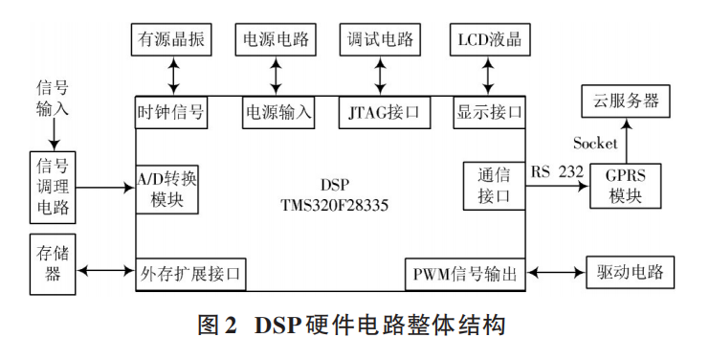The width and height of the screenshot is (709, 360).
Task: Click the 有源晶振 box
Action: pos(171,40)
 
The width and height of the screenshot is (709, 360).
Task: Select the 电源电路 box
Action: pos(278,40)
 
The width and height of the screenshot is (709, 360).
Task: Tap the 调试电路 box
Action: pos(381,40)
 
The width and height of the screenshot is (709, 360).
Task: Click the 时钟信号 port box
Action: pos(171,111)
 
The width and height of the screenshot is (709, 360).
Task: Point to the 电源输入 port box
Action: pos(278,111)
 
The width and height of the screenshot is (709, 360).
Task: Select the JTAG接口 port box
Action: pos(381,111)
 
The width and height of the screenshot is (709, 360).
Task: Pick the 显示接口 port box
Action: pos(489,111)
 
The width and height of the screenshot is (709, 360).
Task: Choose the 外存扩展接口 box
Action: pos(190,274)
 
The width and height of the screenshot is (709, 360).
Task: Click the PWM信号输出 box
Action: pos(463,274)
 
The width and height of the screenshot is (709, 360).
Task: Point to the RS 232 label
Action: pos(557,171)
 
